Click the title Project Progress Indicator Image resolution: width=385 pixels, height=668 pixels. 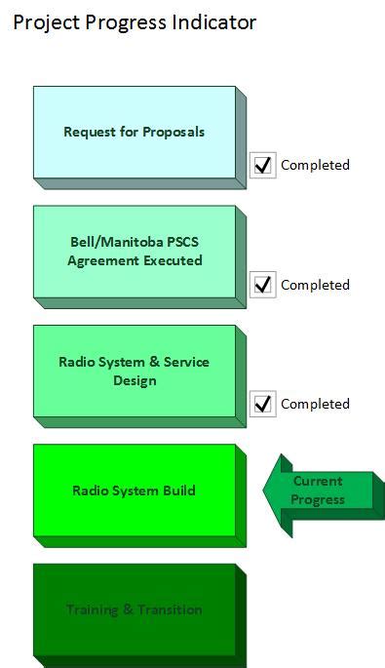135,22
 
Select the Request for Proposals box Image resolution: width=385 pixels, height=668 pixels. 135,132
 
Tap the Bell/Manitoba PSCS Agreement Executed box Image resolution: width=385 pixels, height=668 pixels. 135,252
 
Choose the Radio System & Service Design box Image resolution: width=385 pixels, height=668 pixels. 135,372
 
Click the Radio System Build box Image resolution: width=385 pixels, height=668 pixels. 135,491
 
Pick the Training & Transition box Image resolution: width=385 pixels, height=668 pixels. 135,609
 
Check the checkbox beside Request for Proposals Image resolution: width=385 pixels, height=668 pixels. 262,165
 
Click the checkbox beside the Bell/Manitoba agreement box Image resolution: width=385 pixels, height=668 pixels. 262,285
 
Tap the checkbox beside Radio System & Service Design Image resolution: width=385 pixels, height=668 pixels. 262,404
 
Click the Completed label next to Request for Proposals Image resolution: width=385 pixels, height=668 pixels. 315,165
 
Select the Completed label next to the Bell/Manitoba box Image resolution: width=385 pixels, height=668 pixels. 315,285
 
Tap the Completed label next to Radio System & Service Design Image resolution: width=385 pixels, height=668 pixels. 315,404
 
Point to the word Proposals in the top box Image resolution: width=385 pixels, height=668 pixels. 173,132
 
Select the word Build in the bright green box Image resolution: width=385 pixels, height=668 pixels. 178,491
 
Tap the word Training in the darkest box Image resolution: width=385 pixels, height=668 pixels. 93,609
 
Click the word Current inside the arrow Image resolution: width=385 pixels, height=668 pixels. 318,482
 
